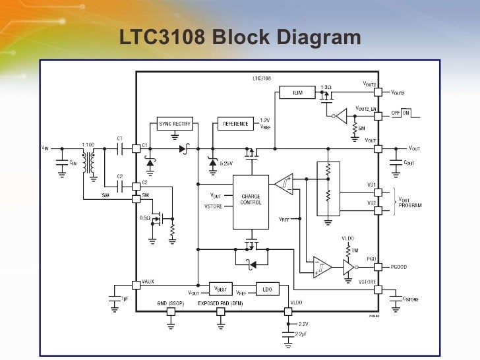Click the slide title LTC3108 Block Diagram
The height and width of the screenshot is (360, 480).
[x=240, y=38]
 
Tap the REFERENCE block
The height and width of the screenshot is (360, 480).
[x=236, y=124]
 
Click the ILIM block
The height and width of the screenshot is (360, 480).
[x=298, y=92]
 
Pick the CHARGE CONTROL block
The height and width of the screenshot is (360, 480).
[x=251, y=200]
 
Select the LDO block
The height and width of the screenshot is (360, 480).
[x=267, y=289]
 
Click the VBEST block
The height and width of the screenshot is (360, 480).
[x=222, y=289]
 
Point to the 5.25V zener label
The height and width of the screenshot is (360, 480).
[x=226, y=163]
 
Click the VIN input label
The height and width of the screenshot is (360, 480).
[x=45, y=148]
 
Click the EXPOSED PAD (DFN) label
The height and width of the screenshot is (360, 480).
[x=221, y=304]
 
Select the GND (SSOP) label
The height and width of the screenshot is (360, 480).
[x=171, y=304]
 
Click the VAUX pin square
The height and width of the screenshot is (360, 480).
[x=136, y=285]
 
